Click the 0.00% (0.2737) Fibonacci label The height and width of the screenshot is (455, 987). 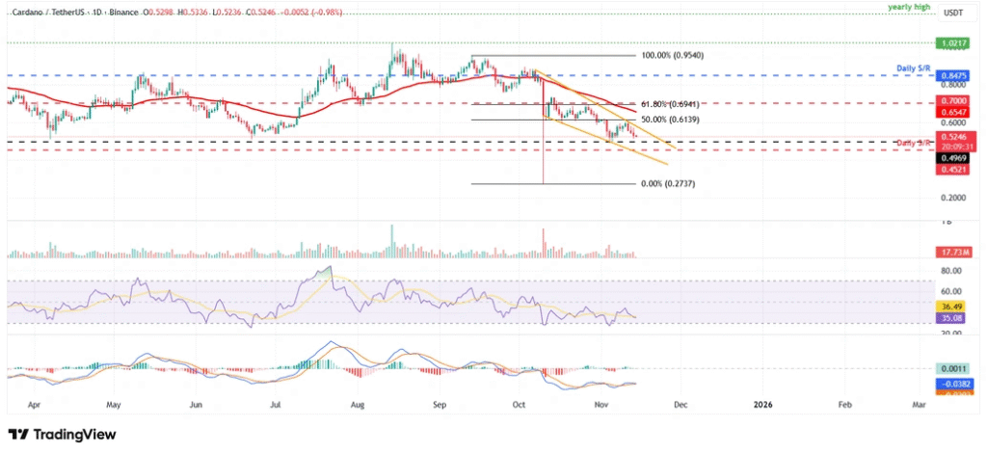coord(667,183)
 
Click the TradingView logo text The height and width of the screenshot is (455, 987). coord(68,435)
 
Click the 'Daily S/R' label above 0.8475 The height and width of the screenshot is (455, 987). coord(911,67)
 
